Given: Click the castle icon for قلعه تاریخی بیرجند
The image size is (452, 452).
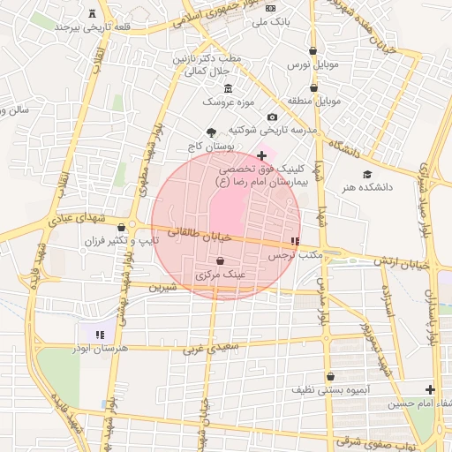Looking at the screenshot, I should [93, 12].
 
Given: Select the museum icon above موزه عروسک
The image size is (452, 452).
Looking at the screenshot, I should [229, 88].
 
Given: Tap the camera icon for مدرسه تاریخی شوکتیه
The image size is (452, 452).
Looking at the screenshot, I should [272, 117].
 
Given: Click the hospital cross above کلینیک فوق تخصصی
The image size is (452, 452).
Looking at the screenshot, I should [261, 155].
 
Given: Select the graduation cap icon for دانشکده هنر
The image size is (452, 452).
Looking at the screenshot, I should [367, 174].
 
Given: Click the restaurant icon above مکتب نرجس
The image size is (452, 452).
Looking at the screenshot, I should [295, 241].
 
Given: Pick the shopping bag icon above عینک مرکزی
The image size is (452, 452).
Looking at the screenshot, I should [219, 261].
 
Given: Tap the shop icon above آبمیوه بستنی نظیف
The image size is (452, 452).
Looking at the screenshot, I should [330, 376].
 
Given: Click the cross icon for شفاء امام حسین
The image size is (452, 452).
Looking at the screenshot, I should [430, 389].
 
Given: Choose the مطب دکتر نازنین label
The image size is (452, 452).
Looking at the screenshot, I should [213, 57].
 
